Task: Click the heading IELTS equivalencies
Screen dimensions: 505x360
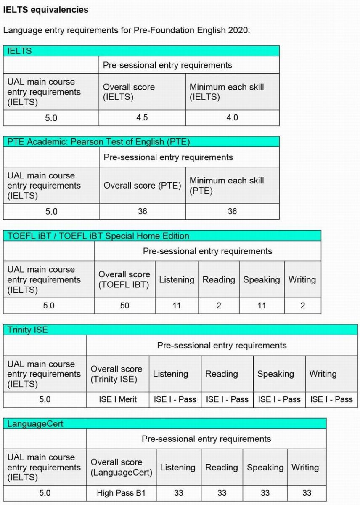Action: point(46,10)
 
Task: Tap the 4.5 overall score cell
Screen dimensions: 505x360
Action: point(142,118)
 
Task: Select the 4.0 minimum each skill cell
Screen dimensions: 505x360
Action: point(232,118)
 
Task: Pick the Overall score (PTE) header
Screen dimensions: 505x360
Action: point(142,186)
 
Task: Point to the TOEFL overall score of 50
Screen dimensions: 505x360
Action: point(124,306)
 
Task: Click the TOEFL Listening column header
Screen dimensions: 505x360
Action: point(177,280)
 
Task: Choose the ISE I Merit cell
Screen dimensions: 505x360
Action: point(118,399)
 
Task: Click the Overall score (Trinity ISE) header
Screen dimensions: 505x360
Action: point(116,374)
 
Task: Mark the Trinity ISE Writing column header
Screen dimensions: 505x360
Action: point(323,374)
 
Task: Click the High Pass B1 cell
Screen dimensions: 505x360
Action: point(121,493)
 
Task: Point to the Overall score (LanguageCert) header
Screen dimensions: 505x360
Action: point(121,468)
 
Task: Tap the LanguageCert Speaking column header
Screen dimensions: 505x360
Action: point(265,468)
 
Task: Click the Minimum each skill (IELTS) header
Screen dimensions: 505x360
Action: point(227,92)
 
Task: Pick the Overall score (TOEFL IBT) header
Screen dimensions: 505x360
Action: point(124,280)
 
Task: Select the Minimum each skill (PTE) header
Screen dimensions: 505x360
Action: point(227,186)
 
